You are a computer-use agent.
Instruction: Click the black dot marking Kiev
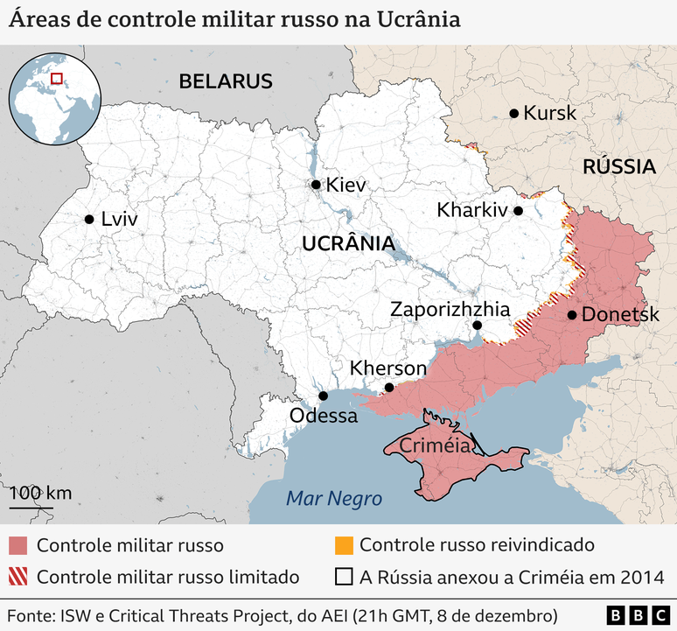pyautogui.click(x=316, y=185)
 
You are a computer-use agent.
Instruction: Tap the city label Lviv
pyautogui.click(x=120, y=220)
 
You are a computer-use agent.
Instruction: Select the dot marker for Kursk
pyautogui.click(x=514, y=113)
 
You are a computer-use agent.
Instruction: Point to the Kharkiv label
pyautogui.click(x=471, y=210)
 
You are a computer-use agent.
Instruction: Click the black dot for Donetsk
pyautogui.click(x=571, y=315)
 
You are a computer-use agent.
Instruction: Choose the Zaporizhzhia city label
pyautogui.click(x=450, y=309)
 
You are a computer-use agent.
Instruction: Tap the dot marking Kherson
pyautogui.click(x=389, y=388)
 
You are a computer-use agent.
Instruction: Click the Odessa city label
pyautogui.click(x=324, y=416)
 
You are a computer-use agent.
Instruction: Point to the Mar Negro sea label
pyautogui.click(x=334, y=499)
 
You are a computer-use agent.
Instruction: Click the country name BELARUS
pyautogui.click(x=226, y=81)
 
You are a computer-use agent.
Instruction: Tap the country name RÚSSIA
pyautogui.click(x=619, y=166)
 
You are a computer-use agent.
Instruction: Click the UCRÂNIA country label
pyautogui.click(x=347, y=244)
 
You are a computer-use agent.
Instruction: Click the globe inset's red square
pyautogui.click(x=56, y=78)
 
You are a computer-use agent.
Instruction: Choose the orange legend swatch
pyautogui.click(x=344, y=545)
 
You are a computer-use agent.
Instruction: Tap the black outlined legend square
pyautogui.click(x=344, y=577)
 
